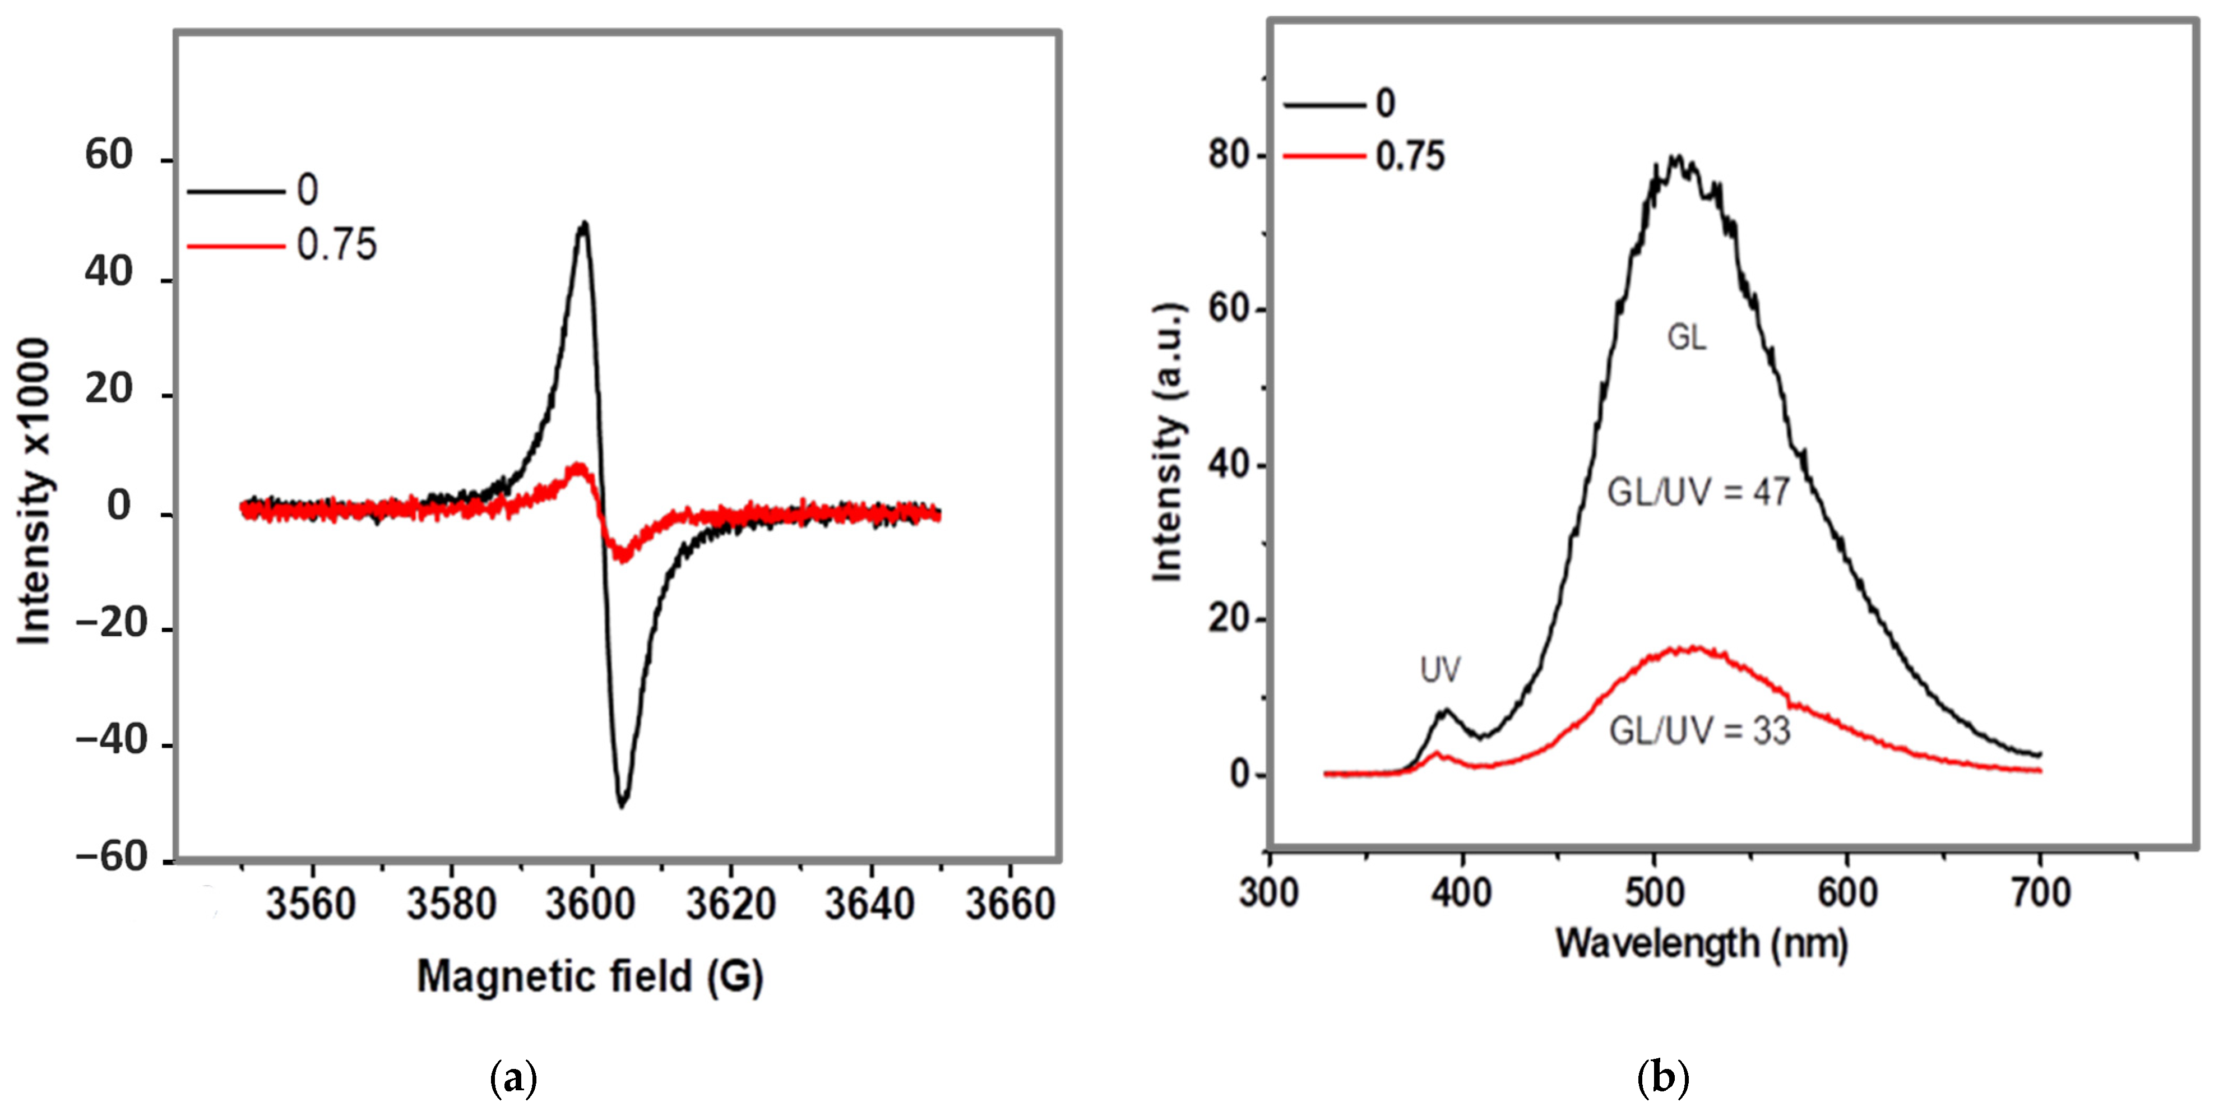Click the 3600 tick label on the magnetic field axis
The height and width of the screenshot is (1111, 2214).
(590, 904)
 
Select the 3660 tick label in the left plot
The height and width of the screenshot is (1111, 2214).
(1010, 904)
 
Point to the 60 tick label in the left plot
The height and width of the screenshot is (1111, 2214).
(109, 155)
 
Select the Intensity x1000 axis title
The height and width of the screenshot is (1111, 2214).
(34, 492)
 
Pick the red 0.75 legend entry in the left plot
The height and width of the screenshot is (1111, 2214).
(284, 245)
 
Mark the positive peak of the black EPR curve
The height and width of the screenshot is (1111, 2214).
(585, 224)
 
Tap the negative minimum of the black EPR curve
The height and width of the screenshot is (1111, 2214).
(622, 804)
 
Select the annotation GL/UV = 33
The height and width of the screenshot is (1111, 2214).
(1699, 731)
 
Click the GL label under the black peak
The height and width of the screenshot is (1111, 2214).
(1687, 337)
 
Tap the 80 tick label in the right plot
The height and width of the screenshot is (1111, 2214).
(1228, 155)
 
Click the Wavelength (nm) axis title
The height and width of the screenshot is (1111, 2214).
(1701, 943)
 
